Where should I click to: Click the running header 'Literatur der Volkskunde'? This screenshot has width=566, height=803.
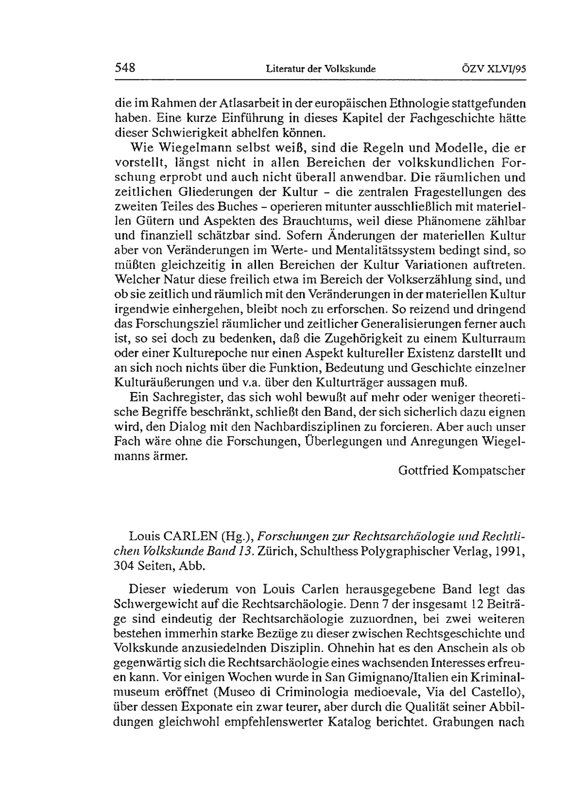[321, 69]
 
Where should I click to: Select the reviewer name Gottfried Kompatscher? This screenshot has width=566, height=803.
[462, 470]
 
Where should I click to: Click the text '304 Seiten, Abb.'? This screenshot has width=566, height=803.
[159, 566]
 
